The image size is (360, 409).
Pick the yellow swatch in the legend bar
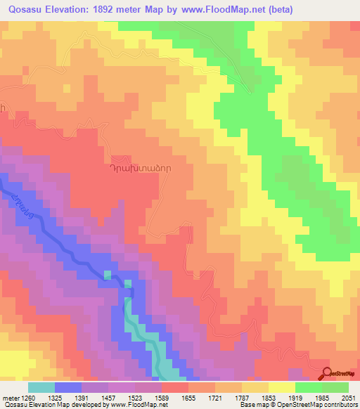(x=282, y=387)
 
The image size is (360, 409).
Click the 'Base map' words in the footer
(x=275, y=405)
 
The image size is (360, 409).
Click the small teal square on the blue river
(x=108, y=275)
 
